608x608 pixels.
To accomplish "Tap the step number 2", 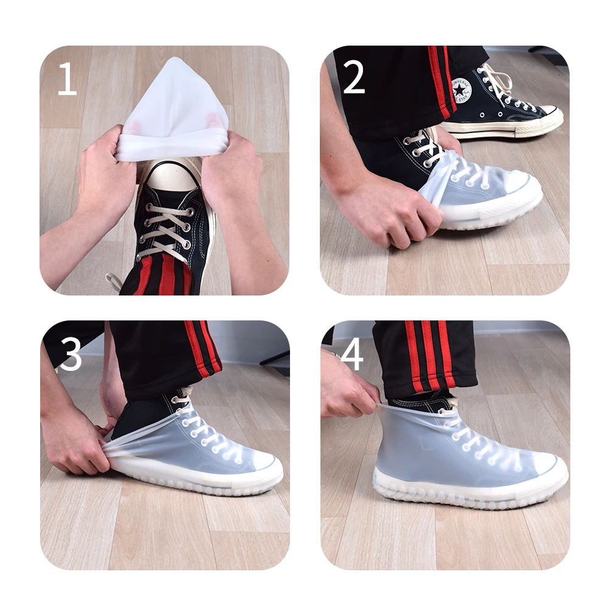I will tap(353, 77).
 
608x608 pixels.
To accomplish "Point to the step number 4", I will tap(352, 354).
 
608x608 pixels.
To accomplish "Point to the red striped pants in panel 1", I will tap(161, 277).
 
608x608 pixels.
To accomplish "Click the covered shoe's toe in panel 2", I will tap(517, 188).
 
